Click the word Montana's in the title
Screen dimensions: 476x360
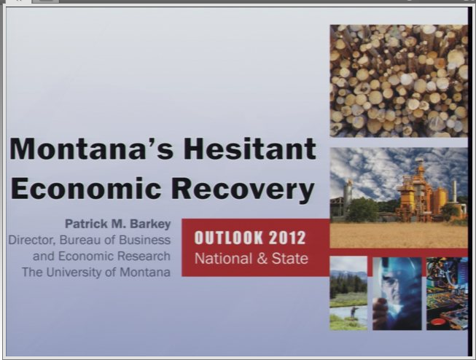click(91, 149)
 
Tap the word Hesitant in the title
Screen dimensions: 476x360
click(250, 149)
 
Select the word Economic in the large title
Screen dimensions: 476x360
click(85, 188)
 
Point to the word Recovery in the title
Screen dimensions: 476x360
click(243, 189)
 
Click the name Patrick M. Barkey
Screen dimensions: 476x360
click(118, 224)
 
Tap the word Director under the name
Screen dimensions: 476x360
click(31, 240)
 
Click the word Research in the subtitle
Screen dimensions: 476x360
click(144, 256)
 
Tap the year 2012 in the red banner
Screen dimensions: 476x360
click(287, 238)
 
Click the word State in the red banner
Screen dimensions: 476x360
click(289, 259)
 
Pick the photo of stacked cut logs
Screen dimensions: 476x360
click(399, 81)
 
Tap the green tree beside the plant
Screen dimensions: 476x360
click(362, 209)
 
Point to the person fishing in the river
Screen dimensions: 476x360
click(354, 312)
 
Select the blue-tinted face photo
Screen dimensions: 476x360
click(397, 294)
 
